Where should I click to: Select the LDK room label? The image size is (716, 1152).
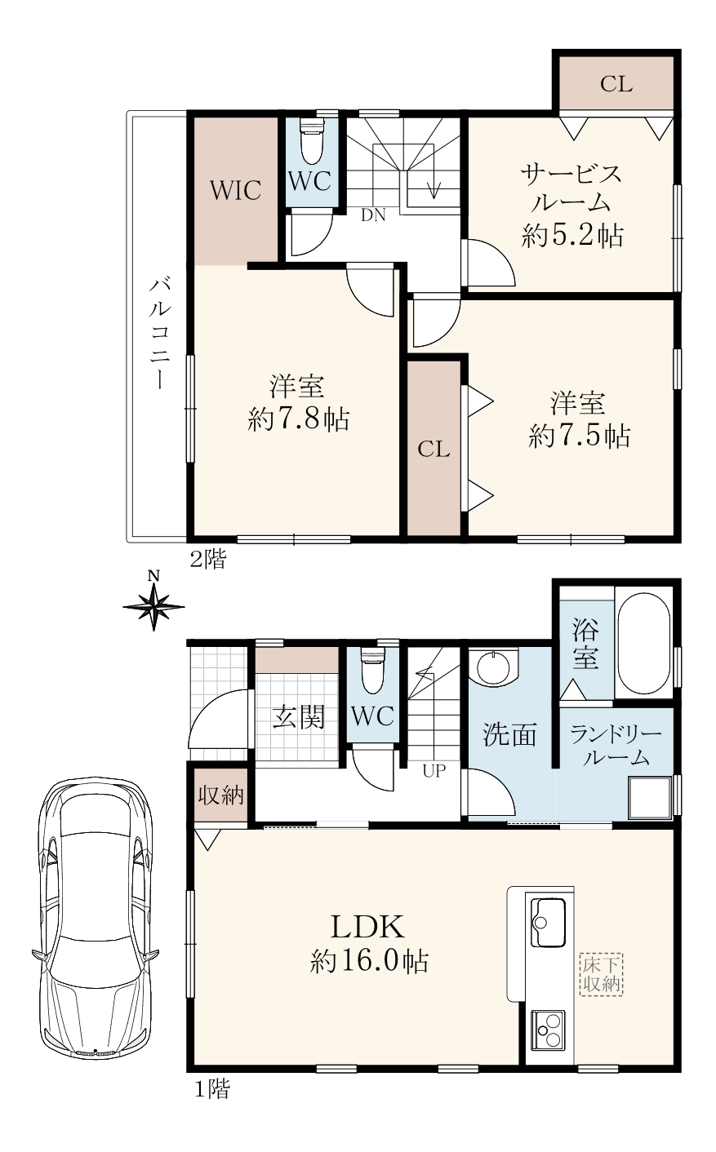coord(367,928)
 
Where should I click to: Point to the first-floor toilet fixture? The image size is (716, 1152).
coord(373,671)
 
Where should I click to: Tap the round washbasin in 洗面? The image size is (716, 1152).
coord(493,667)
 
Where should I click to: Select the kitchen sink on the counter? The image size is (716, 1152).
coord(548,923)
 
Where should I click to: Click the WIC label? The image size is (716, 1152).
coord(235,191)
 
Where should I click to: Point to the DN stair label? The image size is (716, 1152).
coord(373,215)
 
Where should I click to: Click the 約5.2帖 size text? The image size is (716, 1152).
coord(572,237)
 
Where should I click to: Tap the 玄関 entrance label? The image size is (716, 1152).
coord(299,716)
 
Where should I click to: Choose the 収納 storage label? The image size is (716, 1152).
coord(220,795)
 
